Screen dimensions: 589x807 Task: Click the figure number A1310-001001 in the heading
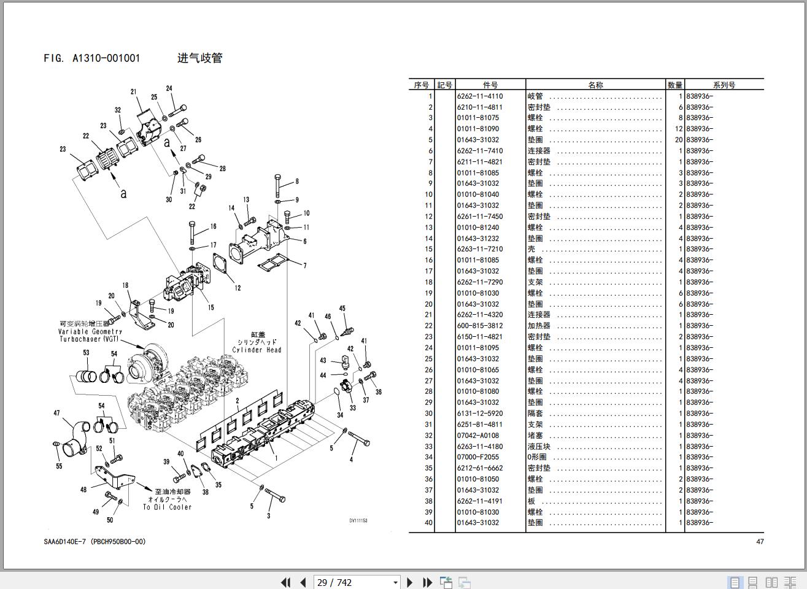tap(106, 58)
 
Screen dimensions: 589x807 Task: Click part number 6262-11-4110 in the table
tap(479, 96)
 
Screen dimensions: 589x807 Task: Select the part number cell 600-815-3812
tap(479, 326)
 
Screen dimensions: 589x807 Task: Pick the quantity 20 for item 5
tap(678, 140)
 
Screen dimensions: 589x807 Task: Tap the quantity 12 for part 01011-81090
tap(678, 129)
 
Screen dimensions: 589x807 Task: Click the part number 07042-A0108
tap(477, 436)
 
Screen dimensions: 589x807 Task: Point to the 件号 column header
tap(490, 85)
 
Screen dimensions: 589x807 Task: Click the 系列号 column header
tap(724, 85)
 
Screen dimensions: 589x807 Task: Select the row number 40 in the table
tap(428, 523)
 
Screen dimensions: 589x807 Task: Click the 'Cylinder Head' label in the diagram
tap(257, 350)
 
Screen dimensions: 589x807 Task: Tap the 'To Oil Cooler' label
tap(168, 507)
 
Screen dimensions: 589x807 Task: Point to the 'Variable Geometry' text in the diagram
tap(90, 331)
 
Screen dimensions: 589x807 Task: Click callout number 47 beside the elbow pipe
tap(57, 413)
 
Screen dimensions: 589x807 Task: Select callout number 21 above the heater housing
tap(133, 92)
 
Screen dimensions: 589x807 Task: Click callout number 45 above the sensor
tap(342, 309)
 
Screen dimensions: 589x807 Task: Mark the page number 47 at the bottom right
tap(760, 542)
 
